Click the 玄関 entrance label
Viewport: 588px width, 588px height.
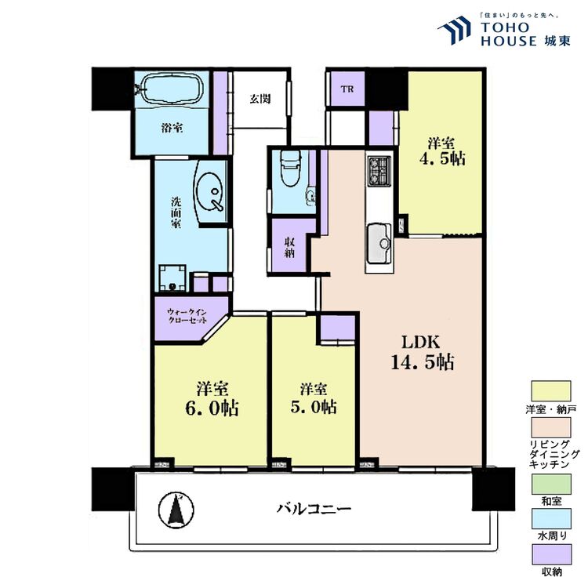click(x=260, y=99)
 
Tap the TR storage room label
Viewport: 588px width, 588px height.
click(x=346, y=89)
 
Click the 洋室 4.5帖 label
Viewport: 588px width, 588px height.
click(x=441, y=152)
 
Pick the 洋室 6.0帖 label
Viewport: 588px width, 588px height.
click(x=212, y=398)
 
